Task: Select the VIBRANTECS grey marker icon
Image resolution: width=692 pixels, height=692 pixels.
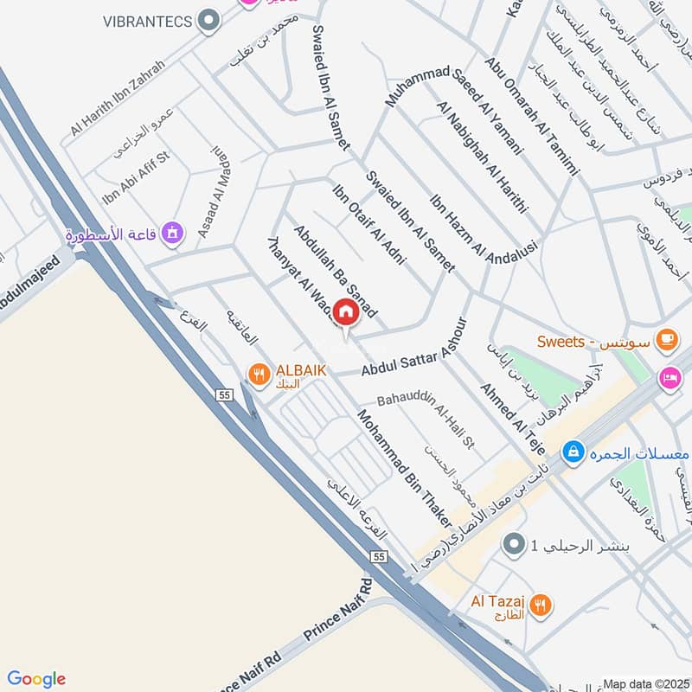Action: (208, 21)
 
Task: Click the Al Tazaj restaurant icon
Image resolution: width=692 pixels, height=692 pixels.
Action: (541, 605)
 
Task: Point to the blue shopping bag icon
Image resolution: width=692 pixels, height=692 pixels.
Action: (572, 452)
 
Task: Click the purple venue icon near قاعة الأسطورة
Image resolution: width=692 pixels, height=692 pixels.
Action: (173, 234)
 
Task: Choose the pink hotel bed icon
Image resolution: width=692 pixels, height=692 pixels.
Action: (670, 378)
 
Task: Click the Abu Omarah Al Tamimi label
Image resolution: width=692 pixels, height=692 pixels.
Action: (530, 117)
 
